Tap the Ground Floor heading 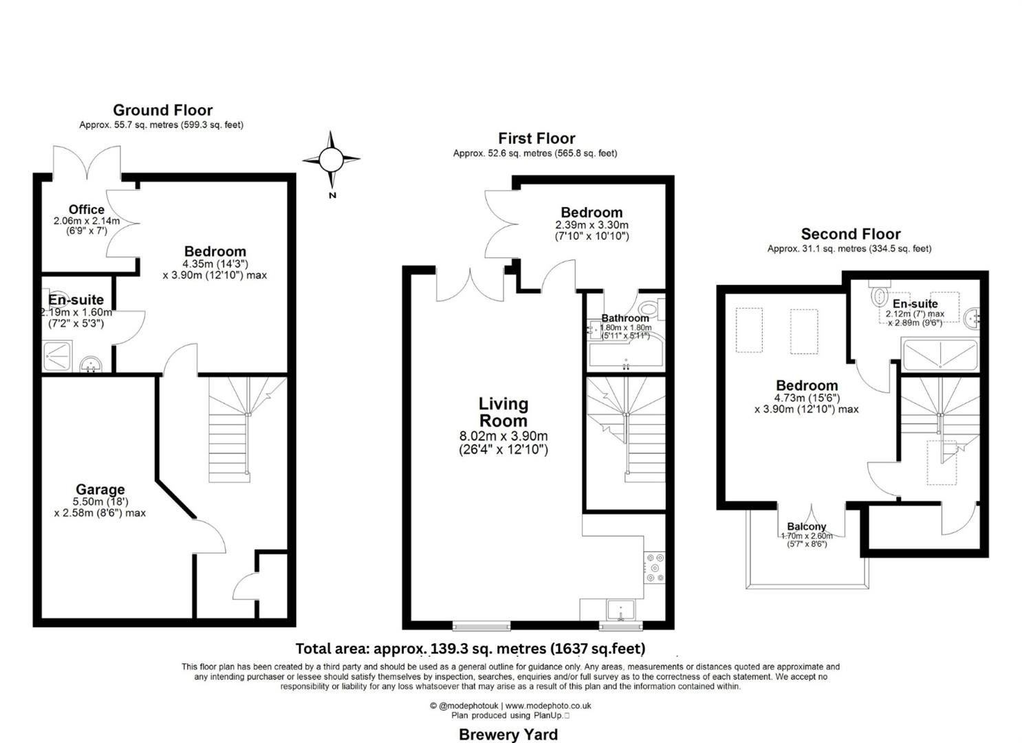(x=163, y=110)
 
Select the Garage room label (x=100, y=490)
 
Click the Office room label (x=87, y=209)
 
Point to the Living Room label (x=503, y=412)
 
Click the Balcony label (x=806, y=526)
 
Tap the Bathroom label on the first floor (x=625, y=318)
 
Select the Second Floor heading (x=851, y=234)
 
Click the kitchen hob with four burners (x=655, y=568)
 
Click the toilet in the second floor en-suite (x=879, y=296)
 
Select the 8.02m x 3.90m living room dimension (x=503, y=436)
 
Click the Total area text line (x=470, y=648)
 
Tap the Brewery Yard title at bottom (x=508, y=734)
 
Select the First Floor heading (x=536, y=138)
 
